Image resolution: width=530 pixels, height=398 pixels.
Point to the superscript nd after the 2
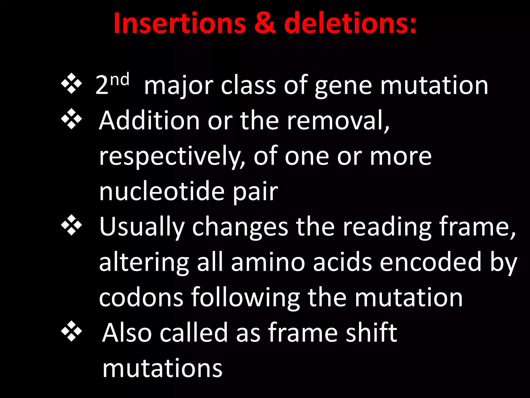[120, 80]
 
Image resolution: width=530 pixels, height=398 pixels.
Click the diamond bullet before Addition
[71, 119]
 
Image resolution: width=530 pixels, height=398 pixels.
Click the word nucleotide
[162, 192]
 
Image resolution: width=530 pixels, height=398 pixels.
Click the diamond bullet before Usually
[71, 225]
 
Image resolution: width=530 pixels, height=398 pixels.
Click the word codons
[141, 298]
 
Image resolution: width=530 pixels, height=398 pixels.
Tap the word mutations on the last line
[163, 368]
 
